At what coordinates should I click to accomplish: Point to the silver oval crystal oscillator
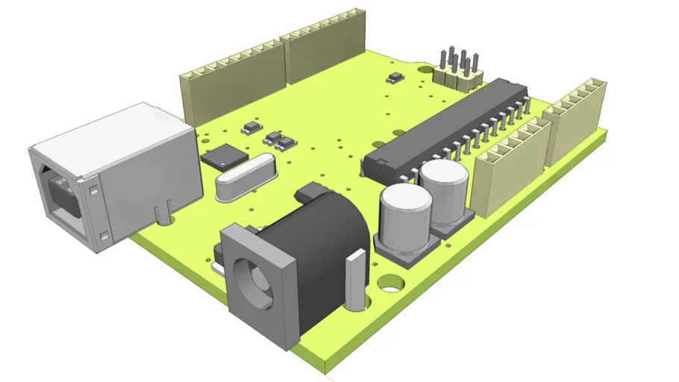pyautogui.click(x=245, y=179)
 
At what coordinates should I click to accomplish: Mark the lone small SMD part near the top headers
pyautogui.click(x=395, y=77)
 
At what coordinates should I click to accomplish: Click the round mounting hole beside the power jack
pyautogui.click(x=390, y=284)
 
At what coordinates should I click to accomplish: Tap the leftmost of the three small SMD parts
pyautogui.click(x=251, y=128)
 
